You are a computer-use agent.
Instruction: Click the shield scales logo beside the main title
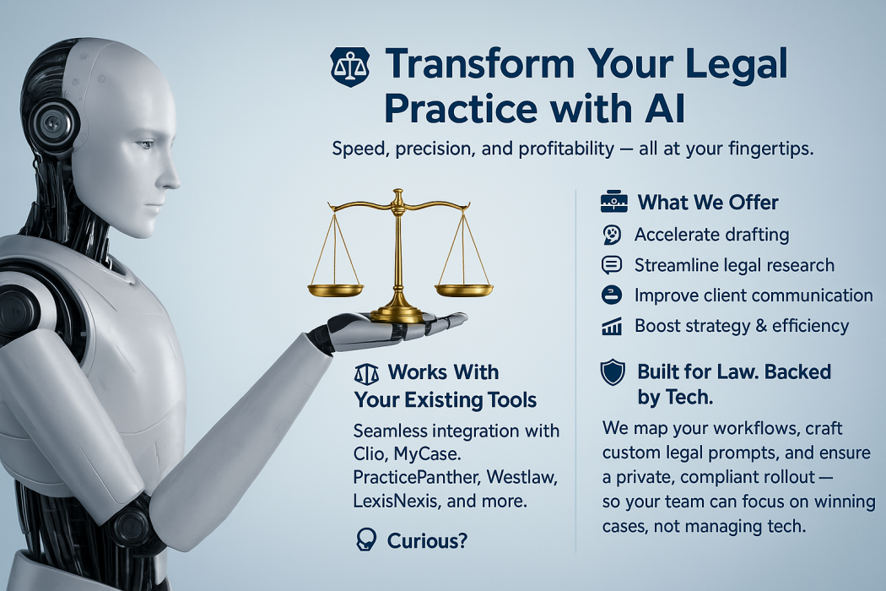(350, 67)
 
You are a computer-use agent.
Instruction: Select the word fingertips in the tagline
(771, 149)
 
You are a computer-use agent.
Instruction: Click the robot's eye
(144, 144)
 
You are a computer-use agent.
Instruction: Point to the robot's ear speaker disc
(54, 122)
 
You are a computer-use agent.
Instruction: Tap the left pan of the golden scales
(336, 290)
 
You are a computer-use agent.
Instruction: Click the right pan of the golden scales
(464, 290)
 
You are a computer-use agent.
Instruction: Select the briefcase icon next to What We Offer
(614, 202)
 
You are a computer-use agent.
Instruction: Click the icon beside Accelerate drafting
(612, 235)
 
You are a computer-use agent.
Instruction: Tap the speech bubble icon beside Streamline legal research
(612, 265)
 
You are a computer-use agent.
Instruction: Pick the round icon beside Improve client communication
(612, 295)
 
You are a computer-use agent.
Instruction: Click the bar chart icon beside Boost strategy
(612, 327)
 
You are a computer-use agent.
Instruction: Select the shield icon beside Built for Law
(613, 373)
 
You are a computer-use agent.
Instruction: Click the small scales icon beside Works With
(366, 374)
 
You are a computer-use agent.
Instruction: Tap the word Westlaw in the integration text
(521, 477)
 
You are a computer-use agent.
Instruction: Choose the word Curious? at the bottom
(427, 541)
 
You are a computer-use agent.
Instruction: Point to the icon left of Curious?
(366, 540)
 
